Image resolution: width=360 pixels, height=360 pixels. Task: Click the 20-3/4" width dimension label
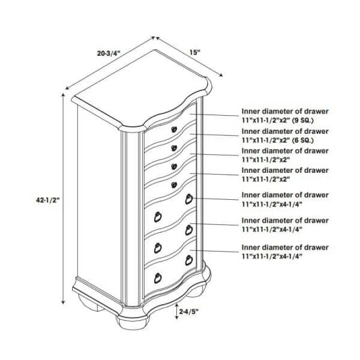pyautogui.click(x=109, y=53)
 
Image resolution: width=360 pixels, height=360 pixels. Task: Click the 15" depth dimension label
pyautogui.click(x=195, y=53)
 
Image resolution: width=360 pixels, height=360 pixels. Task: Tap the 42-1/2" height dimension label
pyautogui.click(x=48, y=200)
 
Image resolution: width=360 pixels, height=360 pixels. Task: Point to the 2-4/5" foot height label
pyautogui.click(x=188, y=312)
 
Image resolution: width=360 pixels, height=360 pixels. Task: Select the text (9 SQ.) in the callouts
pyautogui.click(x=302, y=120)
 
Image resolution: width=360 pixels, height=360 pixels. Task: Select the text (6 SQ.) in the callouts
pyautogui.click(x=302, y=140)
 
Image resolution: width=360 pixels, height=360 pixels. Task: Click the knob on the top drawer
pyautogui.click(x=174, y=129)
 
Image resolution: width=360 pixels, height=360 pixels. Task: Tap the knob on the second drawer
pyautogui.click(x=174, y=148)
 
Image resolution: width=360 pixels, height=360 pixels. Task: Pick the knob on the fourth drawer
pyautogui.click(x=174, y=185)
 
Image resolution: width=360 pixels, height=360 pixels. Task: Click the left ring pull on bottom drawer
pyautogui.click(x=158, y=278)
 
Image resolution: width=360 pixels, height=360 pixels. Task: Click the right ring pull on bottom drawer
pyautogui.click(x=189, y=260)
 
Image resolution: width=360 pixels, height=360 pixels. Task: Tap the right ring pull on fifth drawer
pyautogui.click(x=189, y=199)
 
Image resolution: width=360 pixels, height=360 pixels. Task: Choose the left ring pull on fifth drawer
pyautogui.click(x=158, y=217)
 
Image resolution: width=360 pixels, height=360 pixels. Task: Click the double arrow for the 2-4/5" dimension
pyautogui.click(x=176, y=311)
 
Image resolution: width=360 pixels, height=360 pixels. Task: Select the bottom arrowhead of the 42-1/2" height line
pyautogui.click(x=63, y=302)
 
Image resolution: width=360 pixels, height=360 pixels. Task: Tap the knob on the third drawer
pyautogui.click(x=174, y=166)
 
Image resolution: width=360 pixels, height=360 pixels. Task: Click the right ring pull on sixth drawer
pyautogui.click(x=189, y=230)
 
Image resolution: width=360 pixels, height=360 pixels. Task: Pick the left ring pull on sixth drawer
pyautogui.click(x=158, y=248)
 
